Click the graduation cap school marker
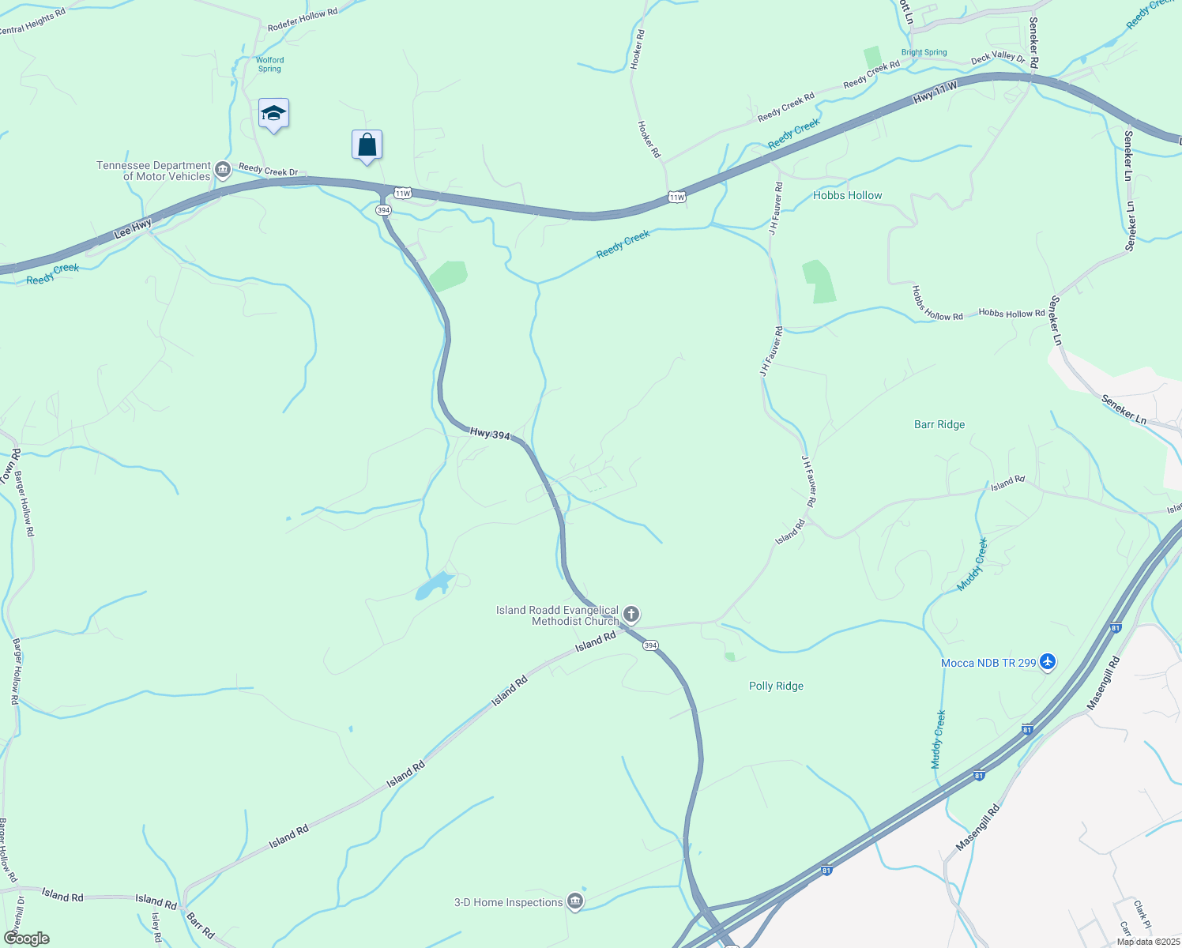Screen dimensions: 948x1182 273,114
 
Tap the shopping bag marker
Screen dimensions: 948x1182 367,145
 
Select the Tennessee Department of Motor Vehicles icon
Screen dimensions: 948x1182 223,171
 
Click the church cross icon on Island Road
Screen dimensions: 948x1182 631,614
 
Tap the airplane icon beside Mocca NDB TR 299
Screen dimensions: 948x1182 1048,662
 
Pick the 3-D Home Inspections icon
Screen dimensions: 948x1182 575,902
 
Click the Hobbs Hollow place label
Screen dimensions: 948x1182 847,195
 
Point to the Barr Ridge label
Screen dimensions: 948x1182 939,424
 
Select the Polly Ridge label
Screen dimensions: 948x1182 776,686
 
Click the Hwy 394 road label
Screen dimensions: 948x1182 490,434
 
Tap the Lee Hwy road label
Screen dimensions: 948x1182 133,229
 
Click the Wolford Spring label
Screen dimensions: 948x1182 269,64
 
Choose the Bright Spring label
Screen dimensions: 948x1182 924,52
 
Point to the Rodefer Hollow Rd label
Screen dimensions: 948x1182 303,20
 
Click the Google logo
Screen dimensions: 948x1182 27,939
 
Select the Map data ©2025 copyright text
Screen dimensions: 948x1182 1148,942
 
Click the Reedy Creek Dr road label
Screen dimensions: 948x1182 268,170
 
